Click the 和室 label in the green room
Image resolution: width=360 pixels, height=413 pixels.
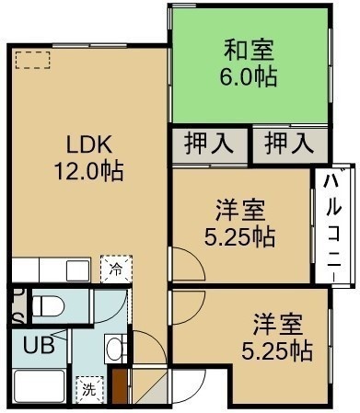tap(249, 51)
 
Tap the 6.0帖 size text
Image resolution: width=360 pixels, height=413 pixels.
tap(249, 76)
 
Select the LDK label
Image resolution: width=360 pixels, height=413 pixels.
tap(89, 144)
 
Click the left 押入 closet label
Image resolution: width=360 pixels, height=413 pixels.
tap(209, 143)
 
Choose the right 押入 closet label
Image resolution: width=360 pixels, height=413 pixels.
tap(289, 143)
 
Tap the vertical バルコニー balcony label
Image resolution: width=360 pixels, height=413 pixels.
tap(333, 225)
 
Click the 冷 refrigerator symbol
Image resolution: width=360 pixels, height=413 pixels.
tap(116, 270)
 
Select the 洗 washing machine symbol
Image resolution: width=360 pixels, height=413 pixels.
tap(89, 390)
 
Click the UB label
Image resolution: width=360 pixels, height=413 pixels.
tap(39, 346)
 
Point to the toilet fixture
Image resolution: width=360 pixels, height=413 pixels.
tap(48, 306)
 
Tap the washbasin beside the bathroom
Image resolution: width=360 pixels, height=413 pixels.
tap(116, 349)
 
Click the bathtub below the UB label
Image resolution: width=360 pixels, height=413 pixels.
tap(40, 386)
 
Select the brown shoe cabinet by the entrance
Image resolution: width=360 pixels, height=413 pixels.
tap(120, 386)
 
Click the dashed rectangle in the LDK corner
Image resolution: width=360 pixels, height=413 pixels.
tap(33, 60)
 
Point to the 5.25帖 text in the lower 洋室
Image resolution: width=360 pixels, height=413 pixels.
tap(277, 351)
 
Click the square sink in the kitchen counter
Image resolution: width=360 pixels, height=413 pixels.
tap(78, 270)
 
